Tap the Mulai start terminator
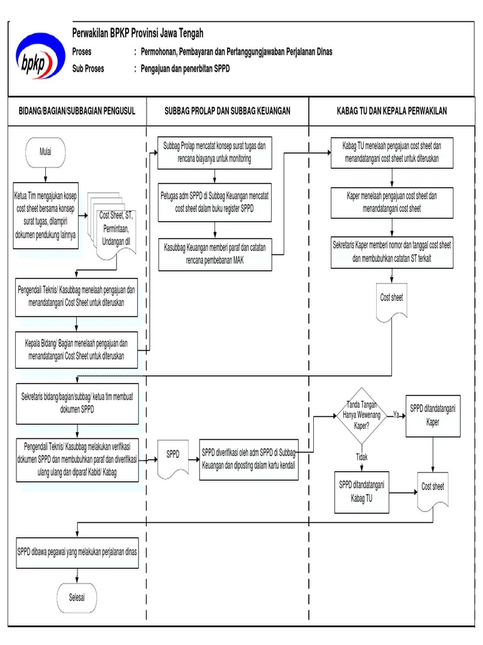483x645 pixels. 46,152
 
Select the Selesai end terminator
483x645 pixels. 77,597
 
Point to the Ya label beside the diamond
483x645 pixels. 396,415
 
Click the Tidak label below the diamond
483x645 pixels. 362,457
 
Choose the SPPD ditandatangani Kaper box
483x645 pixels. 433,416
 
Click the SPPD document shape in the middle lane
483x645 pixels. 173,455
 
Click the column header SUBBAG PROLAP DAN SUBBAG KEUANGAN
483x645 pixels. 227,111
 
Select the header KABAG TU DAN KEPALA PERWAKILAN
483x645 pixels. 391,111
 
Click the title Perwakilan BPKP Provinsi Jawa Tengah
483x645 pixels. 138,33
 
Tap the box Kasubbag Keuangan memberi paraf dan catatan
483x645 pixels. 215,253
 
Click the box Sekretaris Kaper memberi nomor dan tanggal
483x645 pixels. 392,251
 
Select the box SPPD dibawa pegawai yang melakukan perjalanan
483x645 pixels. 77,552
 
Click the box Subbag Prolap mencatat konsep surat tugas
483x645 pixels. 214,152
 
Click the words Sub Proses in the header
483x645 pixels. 89,69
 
